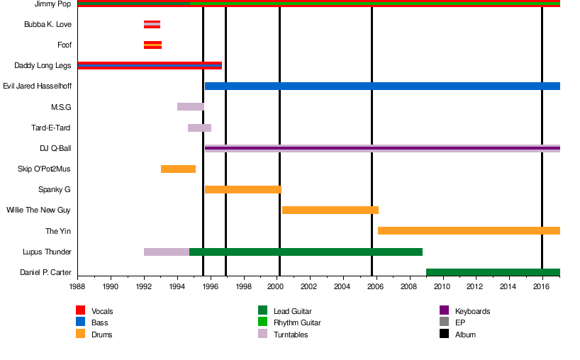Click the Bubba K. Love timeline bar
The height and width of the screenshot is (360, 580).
(152, 25)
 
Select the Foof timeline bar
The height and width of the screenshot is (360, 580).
(152, 45)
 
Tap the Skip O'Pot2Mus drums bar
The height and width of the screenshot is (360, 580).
(178, 169)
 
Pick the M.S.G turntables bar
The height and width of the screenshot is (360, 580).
(190, 107)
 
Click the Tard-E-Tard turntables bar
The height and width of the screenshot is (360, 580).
(199, 128)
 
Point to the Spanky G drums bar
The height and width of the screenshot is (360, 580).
(243, 190)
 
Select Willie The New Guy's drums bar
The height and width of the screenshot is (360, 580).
(330, 210)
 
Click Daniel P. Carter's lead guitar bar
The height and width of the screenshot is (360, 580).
(493, 272)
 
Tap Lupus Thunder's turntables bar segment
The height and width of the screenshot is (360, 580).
(167, 252)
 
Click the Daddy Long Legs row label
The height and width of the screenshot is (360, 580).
(43, 66)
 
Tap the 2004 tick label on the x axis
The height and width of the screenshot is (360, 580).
(342, 286)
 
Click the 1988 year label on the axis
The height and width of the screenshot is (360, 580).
(77, 286)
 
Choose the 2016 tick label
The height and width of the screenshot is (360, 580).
(541, 286)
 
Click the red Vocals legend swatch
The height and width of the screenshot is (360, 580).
(80, 310)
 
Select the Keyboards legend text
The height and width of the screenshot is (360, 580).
(472, 311)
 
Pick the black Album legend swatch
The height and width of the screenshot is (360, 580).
(445, 334)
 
